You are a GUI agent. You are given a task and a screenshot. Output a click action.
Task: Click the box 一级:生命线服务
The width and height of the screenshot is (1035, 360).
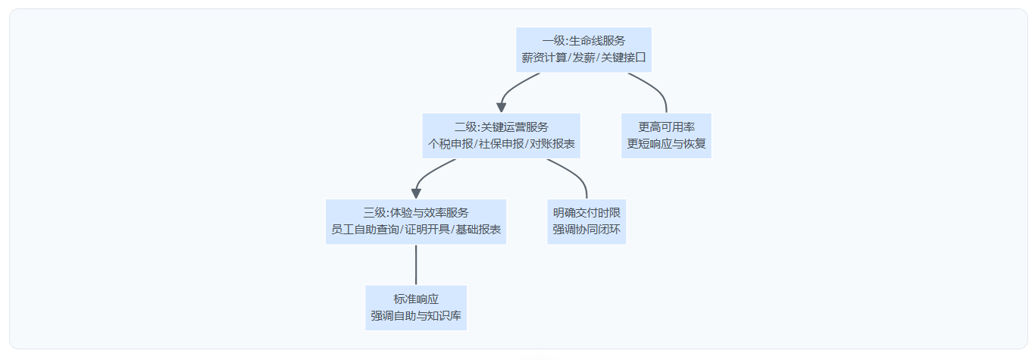583,49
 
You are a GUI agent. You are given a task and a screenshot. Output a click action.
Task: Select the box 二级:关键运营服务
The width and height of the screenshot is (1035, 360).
501,136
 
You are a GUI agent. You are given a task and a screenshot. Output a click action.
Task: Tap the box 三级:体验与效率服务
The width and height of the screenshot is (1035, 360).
416,221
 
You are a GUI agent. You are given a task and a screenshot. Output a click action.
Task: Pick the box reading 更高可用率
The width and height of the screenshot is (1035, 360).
666,136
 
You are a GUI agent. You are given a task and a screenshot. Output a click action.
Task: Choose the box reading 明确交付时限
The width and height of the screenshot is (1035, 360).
586,221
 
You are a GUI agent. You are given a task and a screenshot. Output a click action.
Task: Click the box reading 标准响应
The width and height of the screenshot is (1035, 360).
416,308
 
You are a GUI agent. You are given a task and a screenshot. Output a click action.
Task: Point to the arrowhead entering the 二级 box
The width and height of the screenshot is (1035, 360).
502,108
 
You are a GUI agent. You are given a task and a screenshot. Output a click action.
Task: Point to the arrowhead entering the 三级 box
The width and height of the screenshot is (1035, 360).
416,193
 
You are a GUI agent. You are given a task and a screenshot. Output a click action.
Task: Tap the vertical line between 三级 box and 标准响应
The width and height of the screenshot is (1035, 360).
416,265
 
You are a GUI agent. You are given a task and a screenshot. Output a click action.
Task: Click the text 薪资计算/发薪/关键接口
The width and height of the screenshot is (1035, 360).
583,58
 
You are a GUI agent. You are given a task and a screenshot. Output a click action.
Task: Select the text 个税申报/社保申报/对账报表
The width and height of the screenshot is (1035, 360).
501,144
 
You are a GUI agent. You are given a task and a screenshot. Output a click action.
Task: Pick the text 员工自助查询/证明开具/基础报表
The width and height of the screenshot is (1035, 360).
416,230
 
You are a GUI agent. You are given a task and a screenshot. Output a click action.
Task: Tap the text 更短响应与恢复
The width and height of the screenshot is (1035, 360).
666,144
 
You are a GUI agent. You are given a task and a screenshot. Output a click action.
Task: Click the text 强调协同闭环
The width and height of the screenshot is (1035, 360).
586,230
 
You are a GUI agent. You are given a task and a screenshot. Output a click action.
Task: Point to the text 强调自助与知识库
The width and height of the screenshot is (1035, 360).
416,316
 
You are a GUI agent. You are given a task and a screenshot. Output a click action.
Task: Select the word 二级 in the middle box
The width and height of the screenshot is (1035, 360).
465,127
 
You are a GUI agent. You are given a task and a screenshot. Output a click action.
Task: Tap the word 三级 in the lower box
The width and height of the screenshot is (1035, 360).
374,213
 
